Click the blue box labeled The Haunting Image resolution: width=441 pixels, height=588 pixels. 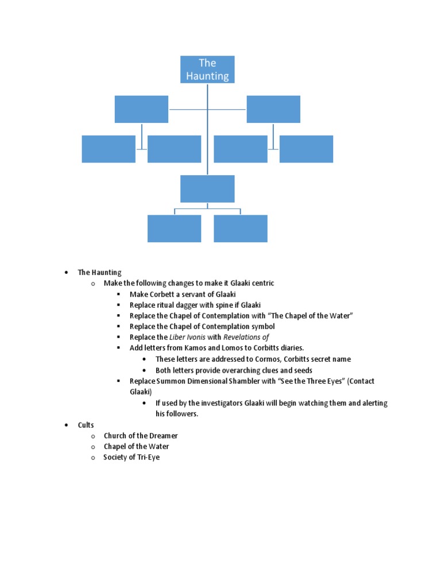tap(207, 69)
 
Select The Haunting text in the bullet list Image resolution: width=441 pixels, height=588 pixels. tap(100, 273)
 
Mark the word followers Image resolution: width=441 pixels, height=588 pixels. tap(183, 414)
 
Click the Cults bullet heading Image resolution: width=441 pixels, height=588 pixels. tap(86, 425)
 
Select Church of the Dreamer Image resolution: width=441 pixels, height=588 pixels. tap(141, 436)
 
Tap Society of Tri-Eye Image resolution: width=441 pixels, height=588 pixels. tap(131, 458)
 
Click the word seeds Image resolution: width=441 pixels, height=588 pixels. tap(301, 370)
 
